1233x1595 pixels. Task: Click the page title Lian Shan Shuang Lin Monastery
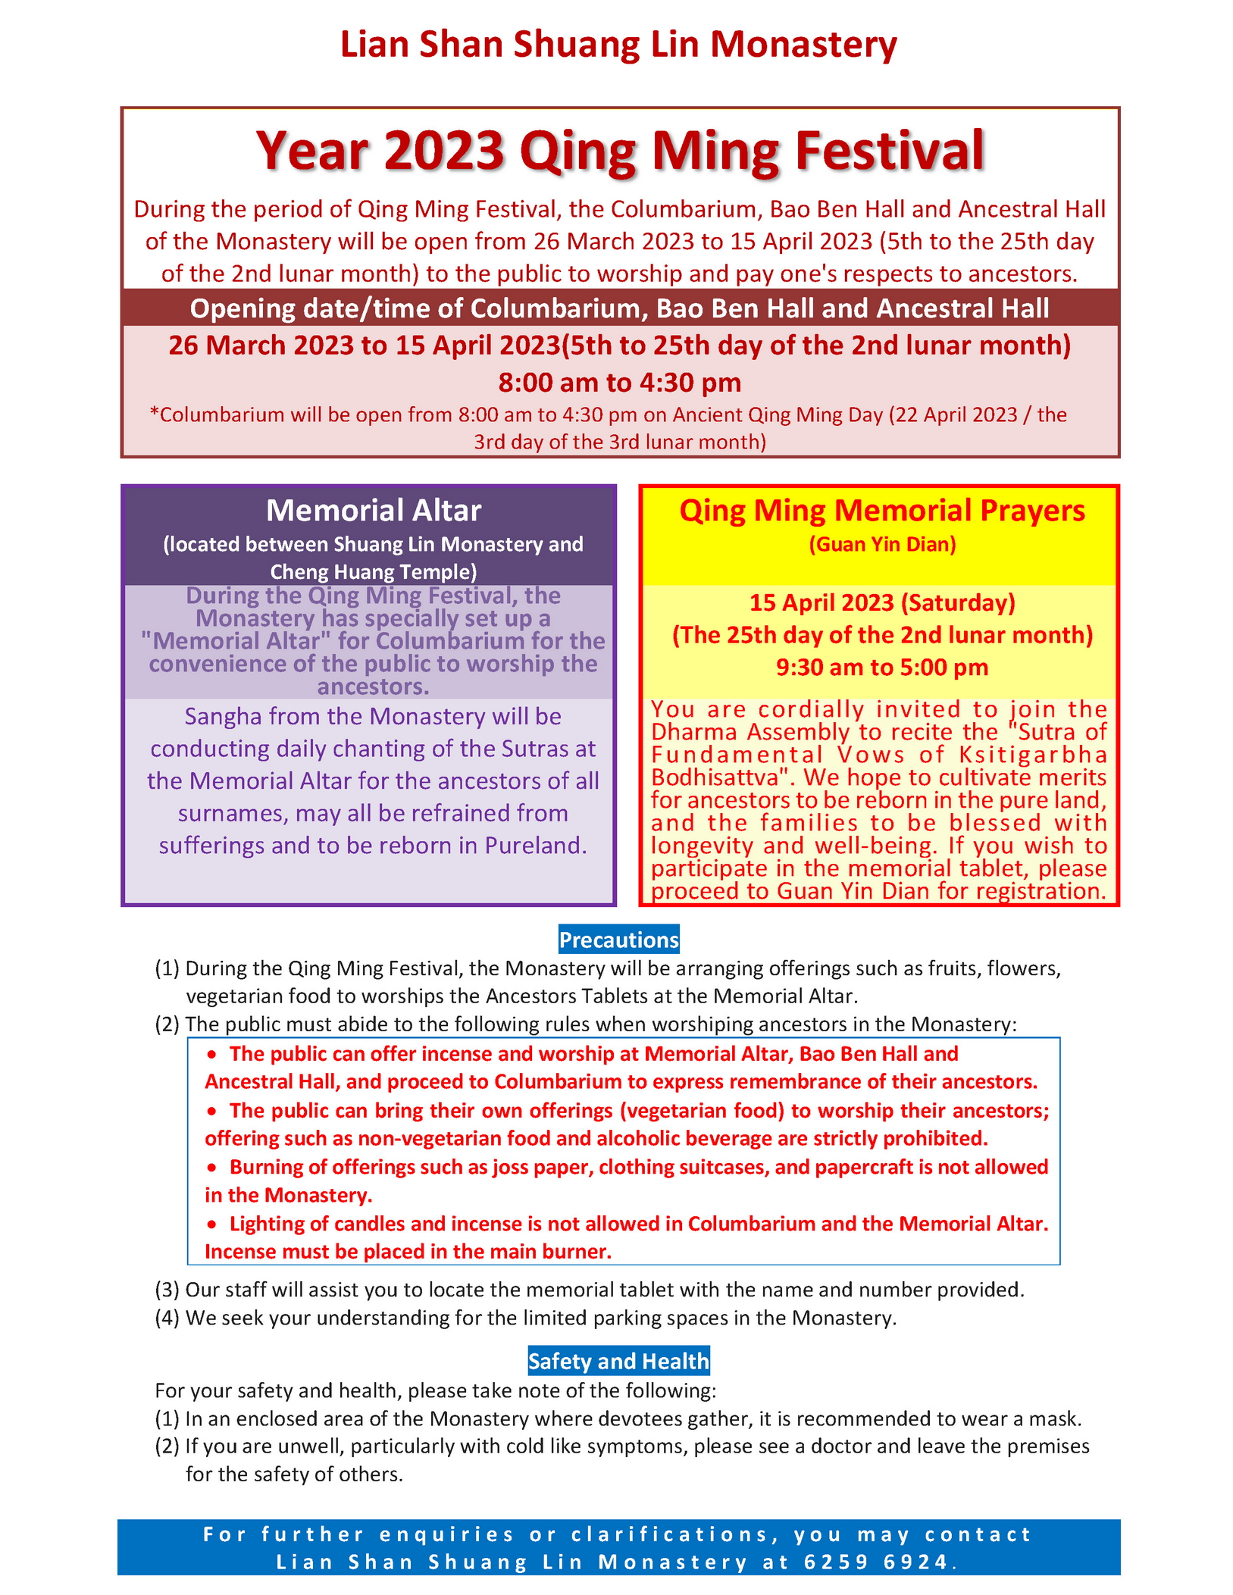[618, 44]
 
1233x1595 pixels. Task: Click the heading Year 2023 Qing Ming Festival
[620, 150]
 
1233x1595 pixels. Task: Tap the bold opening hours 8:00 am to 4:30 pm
[619, 383]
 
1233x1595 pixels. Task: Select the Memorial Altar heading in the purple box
[374, 511]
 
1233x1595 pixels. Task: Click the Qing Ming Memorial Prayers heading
[881, 511]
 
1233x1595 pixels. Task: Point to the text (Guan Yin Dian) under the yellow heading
[882, 544]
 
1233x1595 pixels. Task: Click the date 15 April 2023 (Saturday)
[882, 602]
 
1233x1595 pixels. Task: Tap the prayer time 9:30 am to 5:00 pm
[882, 668]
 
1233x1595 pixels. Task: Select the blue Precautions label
[618, 940]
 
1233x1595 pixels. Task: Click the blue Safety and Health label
[618, 1362]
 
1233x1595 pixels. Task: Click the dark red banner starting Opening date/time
[619, 308]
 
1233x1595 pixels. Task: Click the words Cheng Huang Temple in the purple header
[373, 571]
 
